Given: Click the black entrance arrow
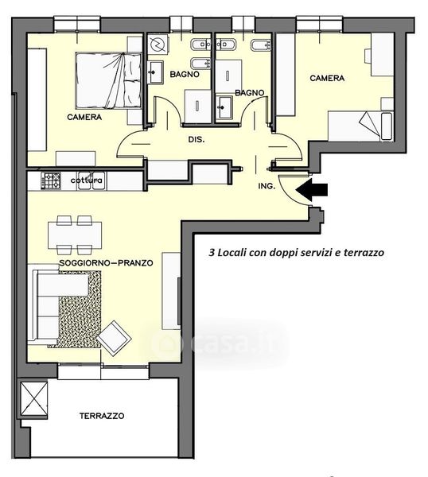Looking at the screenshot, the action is (x=311, y=189).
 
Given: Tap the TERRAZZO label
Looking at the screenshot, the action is (x=102, y=416).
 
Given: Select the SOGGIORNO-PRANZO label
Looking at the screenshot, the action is (x=106, y=262).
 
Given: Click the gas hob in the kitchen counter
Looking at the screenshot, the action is (x=51, y=180).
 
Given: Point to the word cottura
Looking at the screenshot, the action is (x=87, y=180).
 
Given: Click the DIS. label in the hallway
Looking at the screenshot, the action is (x=196, y=140).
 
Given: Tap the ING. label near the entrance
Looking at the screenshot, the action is (x=267, y=186).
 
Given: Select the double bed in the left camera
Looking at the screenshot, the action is (x=108, y=80).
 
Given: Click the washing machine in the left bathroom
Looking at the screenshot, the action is (x=158, y=45).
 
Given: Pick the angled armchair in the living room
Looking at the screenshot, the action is (x=114, y=338).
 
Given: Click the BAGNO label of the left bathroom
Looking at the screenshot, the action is (x=185, y=74).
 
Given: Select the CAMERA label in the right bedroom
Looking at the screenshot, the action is (x=327, y=78).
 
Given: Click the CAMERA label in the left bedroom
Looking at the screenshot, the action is (x=84, y=117).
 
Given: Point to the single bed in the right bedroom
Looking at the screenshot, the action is (x=360, y=126).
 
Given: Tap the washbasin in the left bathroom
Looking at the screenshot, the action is (x=155, y=72).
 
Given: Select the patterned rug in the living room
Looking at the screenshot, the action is (x=79, y=309).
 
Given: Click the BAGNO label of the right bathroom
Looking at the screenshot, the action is (x=250, y=92).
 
